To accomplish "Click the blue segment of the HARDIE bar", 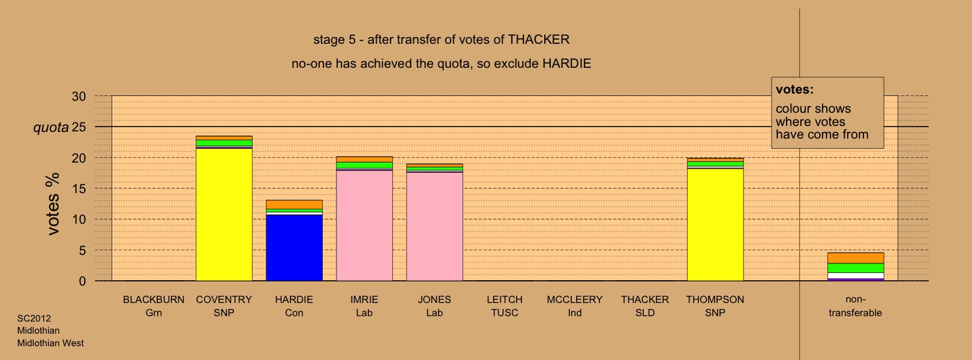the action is pos(294,248).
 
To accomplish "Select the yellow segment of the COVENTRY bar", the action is pos(224,215).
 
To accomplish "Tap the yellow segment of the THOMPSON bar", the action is pos(715,224).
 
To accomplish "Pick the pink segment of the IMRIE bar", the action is pos(365,226).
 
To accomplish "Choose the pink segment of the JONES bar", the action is pos(435,226).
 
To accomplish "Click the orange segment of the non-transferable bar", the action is pos(856,258).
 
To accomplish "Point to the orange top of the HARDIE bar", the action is pos(294,204).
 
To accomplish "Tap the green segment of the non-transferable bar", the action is pos(856,268).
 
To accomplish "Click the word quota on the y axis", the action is pos(51,128).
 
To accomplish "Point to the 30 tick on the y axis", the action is pos(79,96).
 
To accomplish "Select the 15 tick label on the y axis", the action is pos(79,188).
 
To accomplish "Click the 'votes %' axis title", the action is pos(53,204).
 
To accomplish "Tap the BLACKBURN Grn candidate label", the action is pos(154,306).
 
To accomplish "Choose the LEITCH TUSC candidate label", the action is pos(505,306).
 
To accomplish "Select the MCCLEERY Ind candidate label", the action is pos(575,306).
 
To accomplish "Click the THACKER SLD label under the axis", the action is pos(645,306).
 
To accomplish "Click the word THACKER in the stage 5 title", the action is pos(539,40).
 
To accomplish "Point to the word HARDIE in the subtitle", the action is pos(567,64).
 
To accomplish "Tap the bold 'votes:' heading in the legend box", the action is pos(794,89).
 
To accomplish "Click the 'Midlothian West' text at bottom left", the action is pos(50,343).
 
